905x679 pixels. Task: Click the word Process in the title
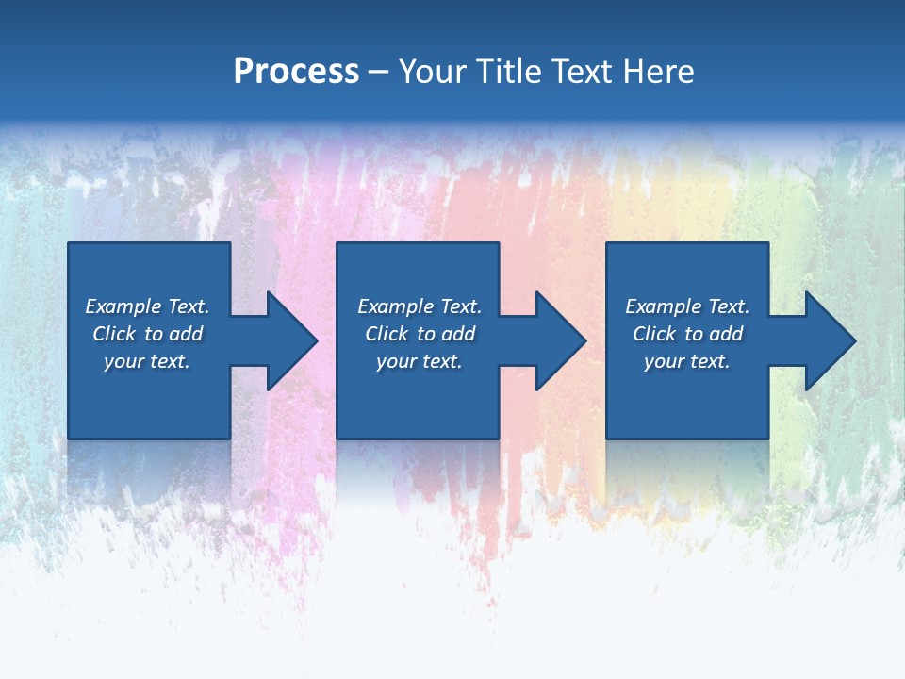[x=296, y=72]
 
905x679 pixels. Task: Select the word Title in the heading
[x=509, y=72]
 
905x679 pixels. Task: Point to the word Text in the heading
[x=583, y=72]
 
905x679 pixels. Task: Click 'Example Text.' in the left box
[x=147, y=306]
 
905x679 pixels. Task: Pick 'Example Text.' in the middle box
[x=420, y=306]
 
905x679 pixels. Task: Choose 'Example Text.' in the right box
[x=687, y=306]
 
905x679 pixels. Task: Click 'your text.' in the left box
[x=147, y=361]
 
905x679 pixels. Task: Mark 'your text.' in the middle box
[x=420, y=361]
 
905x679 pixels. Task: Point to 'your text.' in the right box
[x=687, y=361]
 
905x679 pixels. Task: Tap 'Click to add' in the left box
[x=147, y=334]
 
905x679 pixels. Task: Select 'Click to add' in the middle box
[x=420, y=334]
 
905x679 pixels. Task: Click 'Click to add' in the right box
[x=687, y=334]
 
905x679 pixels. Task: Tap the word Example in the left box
[x=123, y=306]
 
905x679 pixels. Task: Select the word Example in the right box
[x=664, y=306]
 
